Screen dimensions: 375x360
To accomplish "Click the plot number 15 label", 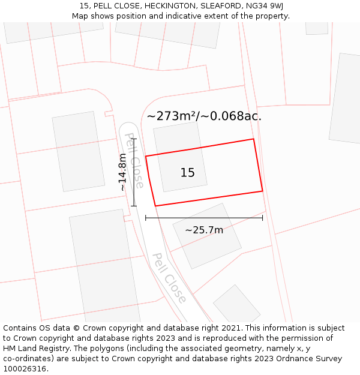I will pyautogui.click(x=188, y=173).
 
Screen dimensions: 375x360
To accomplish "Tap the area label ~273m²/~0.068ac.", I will pyautogui.click(x=204, y=116).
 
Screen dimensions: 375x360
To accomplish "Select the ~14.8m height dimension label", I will pyautogui.click(x=122, y=172).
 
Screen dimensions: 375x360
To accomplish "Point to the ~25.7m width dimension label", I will pyautogui.click(x=204, y=230).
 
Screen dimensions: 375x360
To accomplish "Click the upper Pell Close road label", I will pyautogui.click(x=134, y=160).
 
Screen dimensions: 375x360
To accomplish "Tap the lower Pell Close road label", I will pyautogui.click(x=169, y=277).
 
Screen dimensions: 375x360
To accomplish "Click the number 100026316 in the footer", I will pyautogui.click(x=24, y=369).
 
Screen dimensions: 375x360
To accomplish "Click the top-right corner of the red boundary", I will pyautogui.click(x=253, y=139).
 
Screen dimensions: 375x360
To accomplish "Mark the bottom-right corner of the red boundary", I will pyautogui.click(x=262, y=191).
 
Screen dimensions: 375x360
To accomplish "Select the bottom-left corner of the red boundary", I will pyautogui.click(x=155, y=206).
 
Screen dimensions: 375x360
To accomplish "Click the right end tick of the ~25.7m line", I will pyautogui.click(x=262, y=218).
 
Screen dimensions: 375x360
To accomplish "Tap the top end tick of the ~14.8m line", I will pyautogui.click(x=134, y=139).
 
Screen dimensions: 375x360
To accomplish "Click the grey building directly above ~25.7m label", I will pyautogui.click(x=207, y=235).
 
